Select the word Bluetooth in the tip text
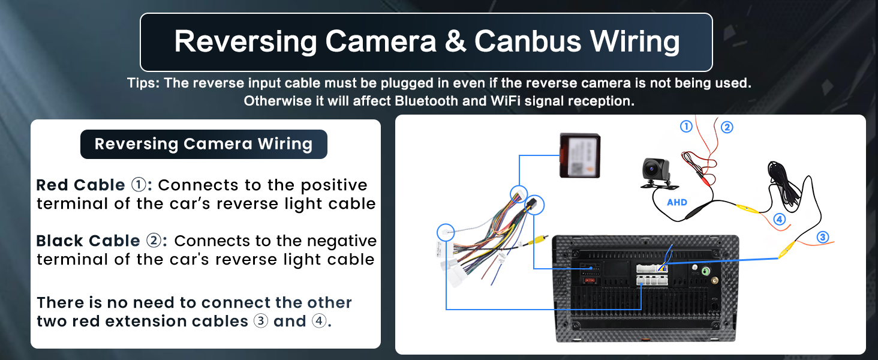point(426,101)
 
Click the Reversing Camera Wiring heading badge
point(204,144)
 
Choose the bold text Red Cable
point(80,185)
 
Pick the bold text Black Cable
point(88,241)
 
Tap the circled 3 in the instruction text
point(261,321)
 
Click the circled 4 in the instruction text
point(318,321)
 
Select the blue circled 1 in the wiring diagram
point(686,126)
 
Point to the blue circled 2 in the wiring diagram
point(727,127)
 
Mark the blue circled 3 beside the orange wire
point(823,237)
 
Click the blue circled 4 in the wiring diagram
point(779,219)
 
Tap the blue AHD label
point(677,202)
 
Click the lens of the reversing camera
point(651,169)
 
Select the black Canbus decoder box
point(580,155)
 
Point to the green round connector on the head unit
point(706,271)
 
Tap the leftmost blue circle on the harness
point(446,233)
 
